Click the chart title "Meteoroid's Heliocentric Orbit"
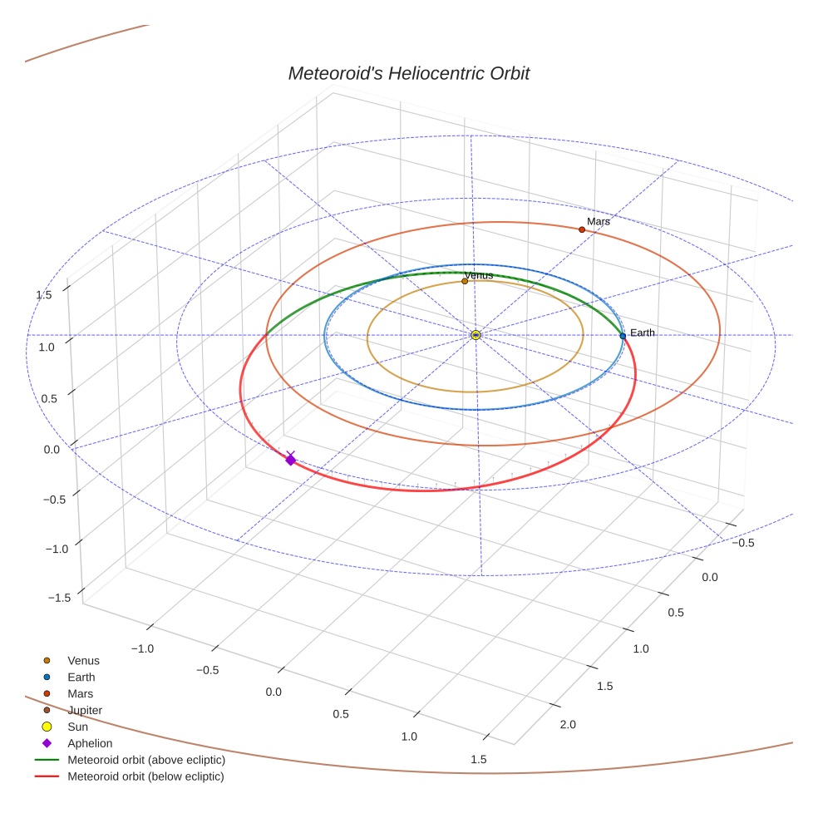tap(408, 73)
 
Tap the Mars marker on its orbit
tap(582, 229)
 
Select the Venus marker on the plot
tap(465, 281)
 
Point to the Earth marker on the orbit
tap(623, 336)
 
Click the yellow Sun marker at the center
tap(476, 335)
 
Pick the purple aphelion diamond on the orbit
tap(290, 460)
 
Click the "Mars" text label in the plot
tap(599, 222)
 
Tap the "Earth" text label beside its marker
tap(643, 333)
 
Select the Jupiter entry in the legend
tap(85, 710)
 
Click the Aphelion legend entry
tap(89, 743)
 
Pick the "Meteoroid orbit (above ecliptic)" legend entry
tap(146, 760)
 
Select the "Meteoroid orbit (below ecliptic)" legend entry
tap(146, 776)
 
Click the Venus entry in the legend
tap(83, 660)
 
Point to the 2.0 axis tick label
tap(568, 725)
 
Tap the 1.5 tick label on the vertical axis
tap(43, 294)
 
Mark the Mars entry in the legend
tap(80, 693)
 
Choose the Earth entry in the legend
tap(81, 677)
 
